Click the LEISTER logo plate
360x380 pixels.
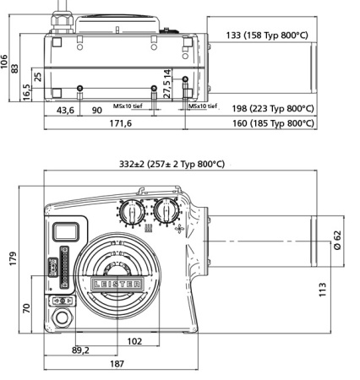tap(117, 285)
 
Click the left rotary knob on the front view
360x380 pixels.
tap(131, 210)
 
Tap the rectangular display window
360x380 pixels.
tap(65, 231)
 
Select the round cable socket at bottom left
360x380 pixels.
tap(63, 319)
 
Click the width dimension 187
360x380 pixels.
tap(117, 364)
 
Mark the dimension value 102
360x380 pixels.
tap(134, 341)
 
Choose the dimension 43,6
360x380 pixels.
tap(65, 110)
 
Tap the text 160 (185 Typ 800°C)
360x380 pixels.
tap(272, 123)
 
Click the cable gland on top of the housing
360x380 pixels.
tap(63, 17)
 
